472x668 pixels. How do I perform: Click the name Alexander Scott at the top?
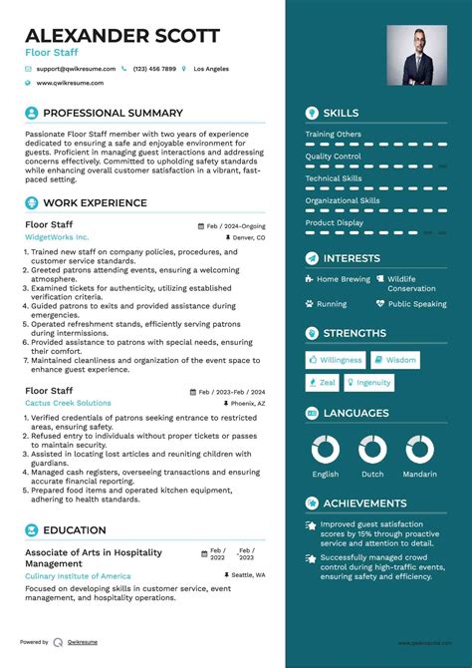[122, 36]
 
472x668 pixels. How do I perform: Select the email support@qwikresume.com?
[77, 69]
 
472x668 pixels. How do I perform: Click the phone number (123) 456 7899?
[154, 69]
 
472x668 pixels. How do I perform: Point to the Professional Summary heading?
[113, 114]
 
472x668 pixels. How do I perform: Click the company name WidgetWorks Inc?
[57, 237]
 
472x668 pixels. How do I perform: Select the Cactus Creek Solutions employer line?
[68, 402]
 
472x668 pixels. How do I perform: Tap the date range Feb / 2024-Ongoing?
[236, 226]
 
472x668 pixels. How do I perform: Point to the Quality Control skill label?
[334, 157]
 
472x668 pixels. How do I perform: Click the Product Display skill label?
[335, 222]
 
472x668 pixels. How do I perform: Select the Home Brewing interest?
[343, 279]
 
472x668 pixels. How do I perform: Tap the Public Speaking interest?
[417, 304]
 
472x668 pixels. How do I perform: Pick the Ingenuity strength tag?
[373, 383]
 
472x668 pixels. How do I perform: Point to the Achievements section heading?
[364, 503]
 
